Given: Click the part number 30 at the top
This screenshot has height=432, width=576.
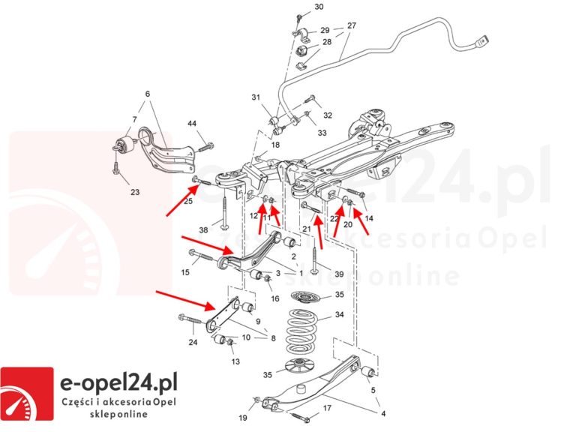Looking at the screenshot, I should (x=319, y=7).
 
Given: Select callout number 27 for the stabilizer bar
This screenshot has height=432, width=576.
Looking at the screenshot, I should (x=351, y=25).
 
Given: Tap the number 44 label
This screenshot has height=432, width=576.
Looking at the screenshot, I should (x=192, y=123).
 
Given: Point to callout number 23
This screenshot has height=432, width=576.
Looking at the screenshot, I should (x=134, y=191).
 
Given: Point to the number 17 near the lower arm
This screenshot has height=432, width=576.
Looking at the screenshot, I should (x=326, y=409).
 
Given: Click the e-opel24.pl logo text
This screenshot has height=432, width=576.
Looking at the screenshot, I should (x=118, y=385).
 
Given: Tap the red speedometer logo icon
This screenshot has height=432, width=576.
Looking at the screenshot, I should (x=27, y=393).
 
